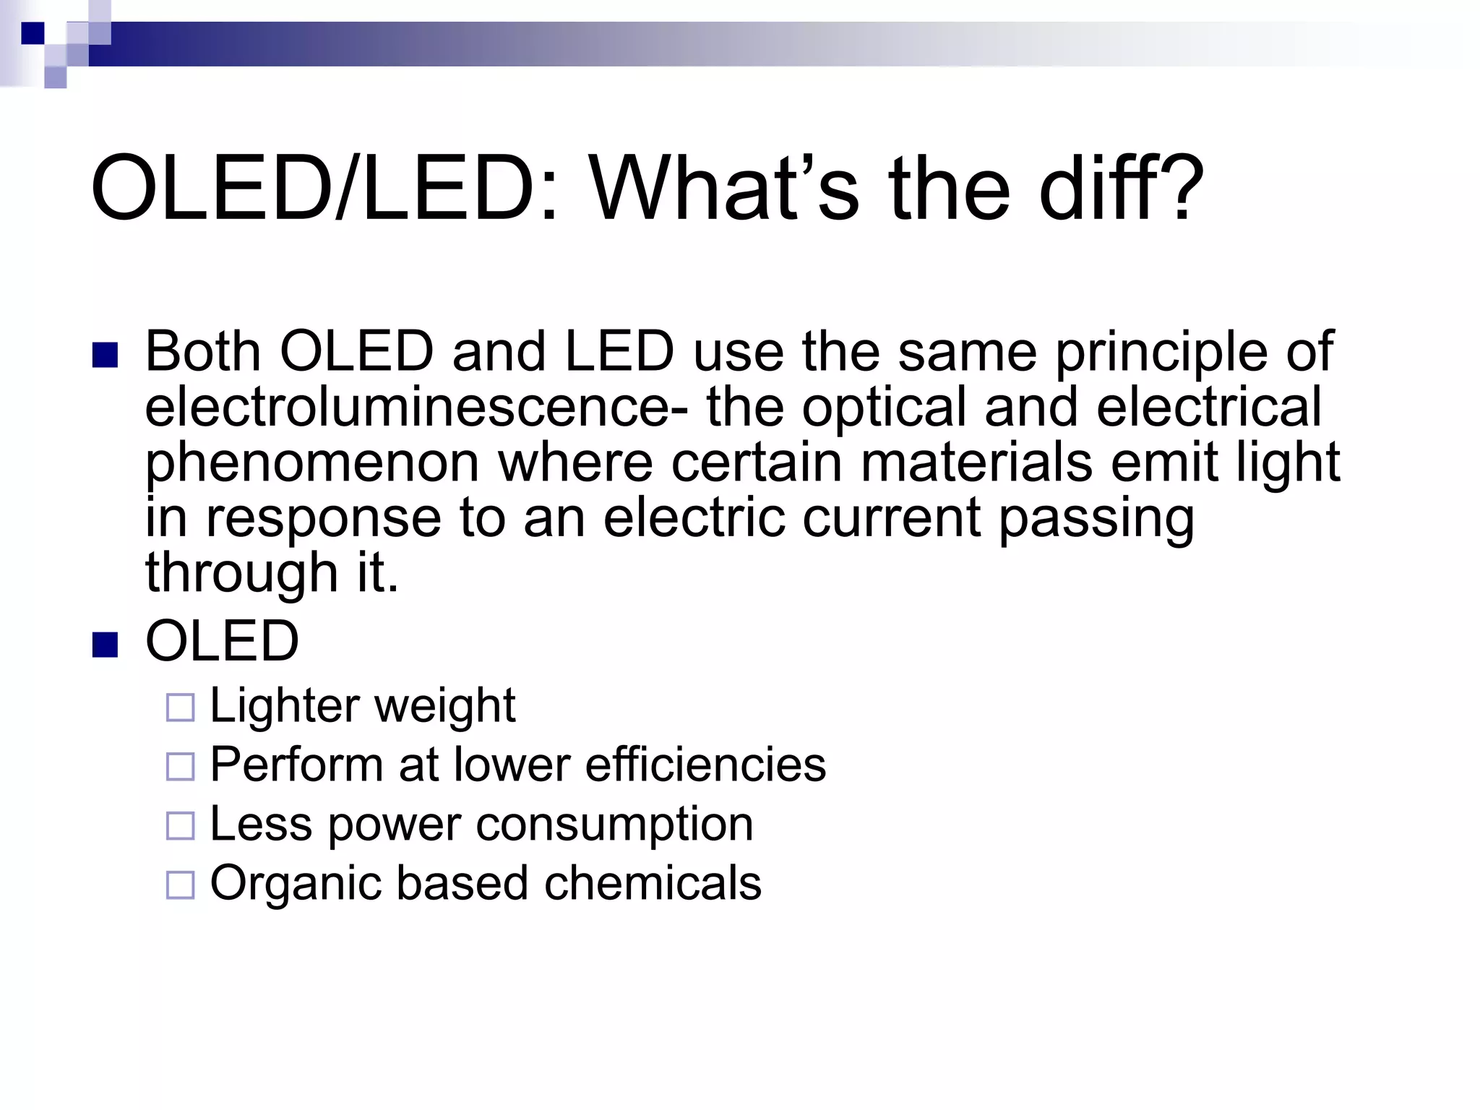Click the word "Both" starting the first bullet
(203, 352)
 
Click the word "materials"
(976, 462)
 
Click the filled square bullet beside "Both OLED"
(106, 356)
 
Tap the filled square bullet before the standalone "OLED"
(106, 645)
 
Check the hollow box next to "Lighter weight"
(181, 708)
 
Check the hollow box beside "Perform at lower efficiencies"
(181, 767)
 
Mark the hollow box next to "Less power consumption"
(181, 826)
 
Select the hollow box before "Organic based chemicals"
(181, 885)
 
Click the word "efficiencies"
(705, 765)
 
